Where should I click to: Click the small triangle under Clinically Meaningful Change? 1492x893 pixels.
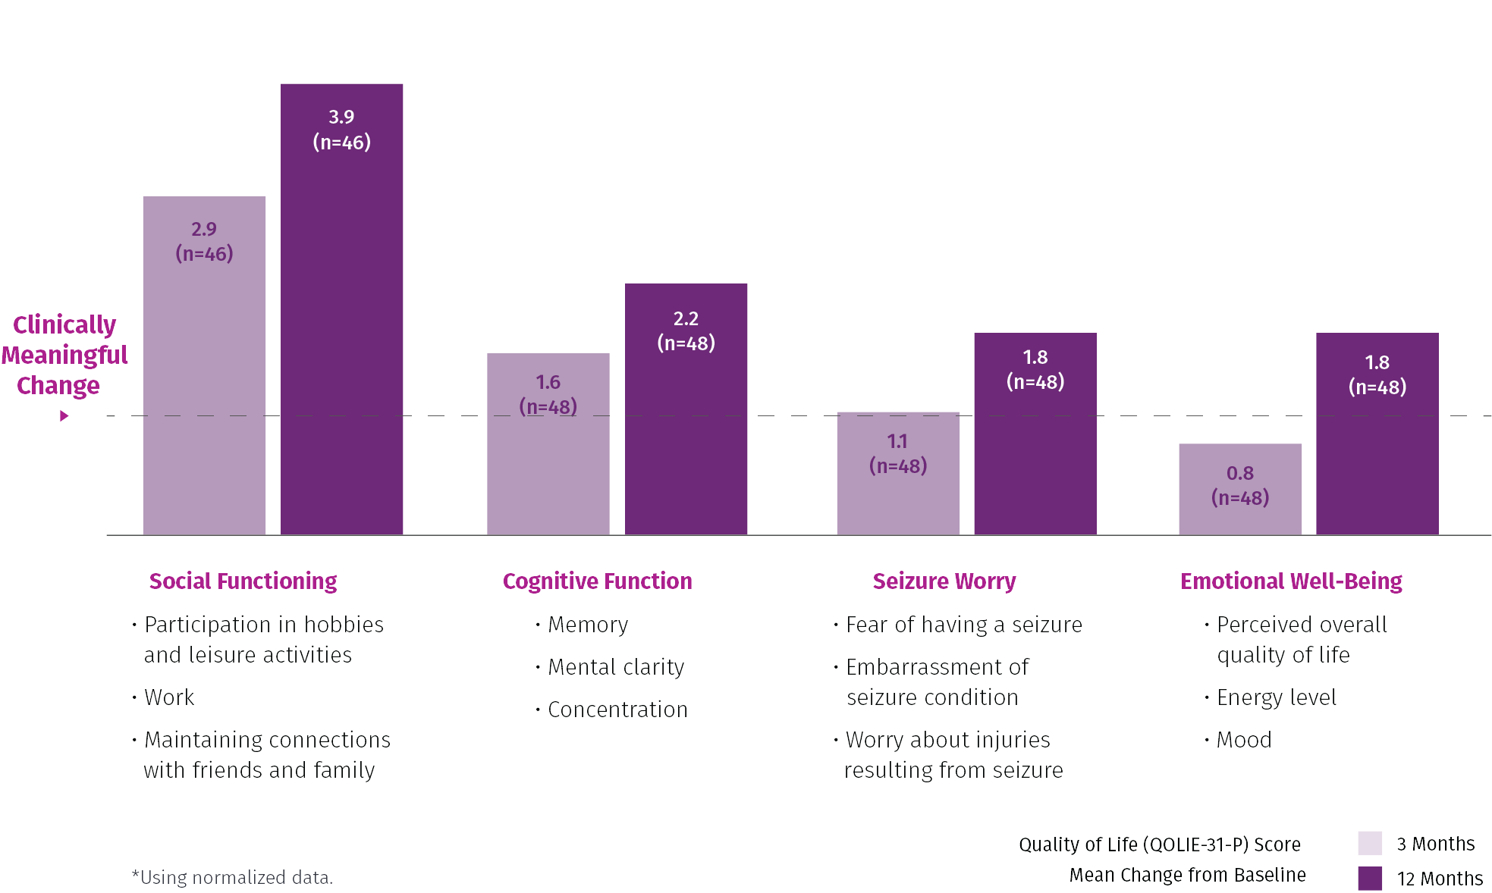(x=64, y=416)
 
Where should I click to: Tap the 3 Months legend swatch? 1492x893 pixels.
(x=1370, y=843)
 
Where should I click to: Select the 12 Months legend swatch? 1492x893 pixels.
(x=1370, y=878)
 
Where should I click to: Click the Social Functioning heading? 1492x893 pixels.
(x=243, y=581)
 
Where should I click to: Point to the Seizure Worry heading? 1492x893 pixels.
(x=944, y=581)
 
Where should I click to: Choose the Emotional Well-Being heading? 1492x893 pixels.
(x=1291, y=581)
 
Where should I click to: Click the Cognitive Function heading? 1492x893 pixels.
(x=597, y=581)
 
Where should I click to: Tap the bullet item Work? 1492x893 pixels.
(x=169, y=697)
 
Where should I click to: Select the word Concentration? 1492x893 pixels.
(x=617, y=710)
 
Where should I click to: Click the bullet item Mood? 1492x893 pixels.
(x=1244, y=740)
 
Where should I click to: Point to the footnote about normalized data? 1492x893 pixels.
(x=232, y=877)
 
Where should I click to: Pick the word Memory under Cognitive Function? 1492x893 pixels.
(x=588, y=625)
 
